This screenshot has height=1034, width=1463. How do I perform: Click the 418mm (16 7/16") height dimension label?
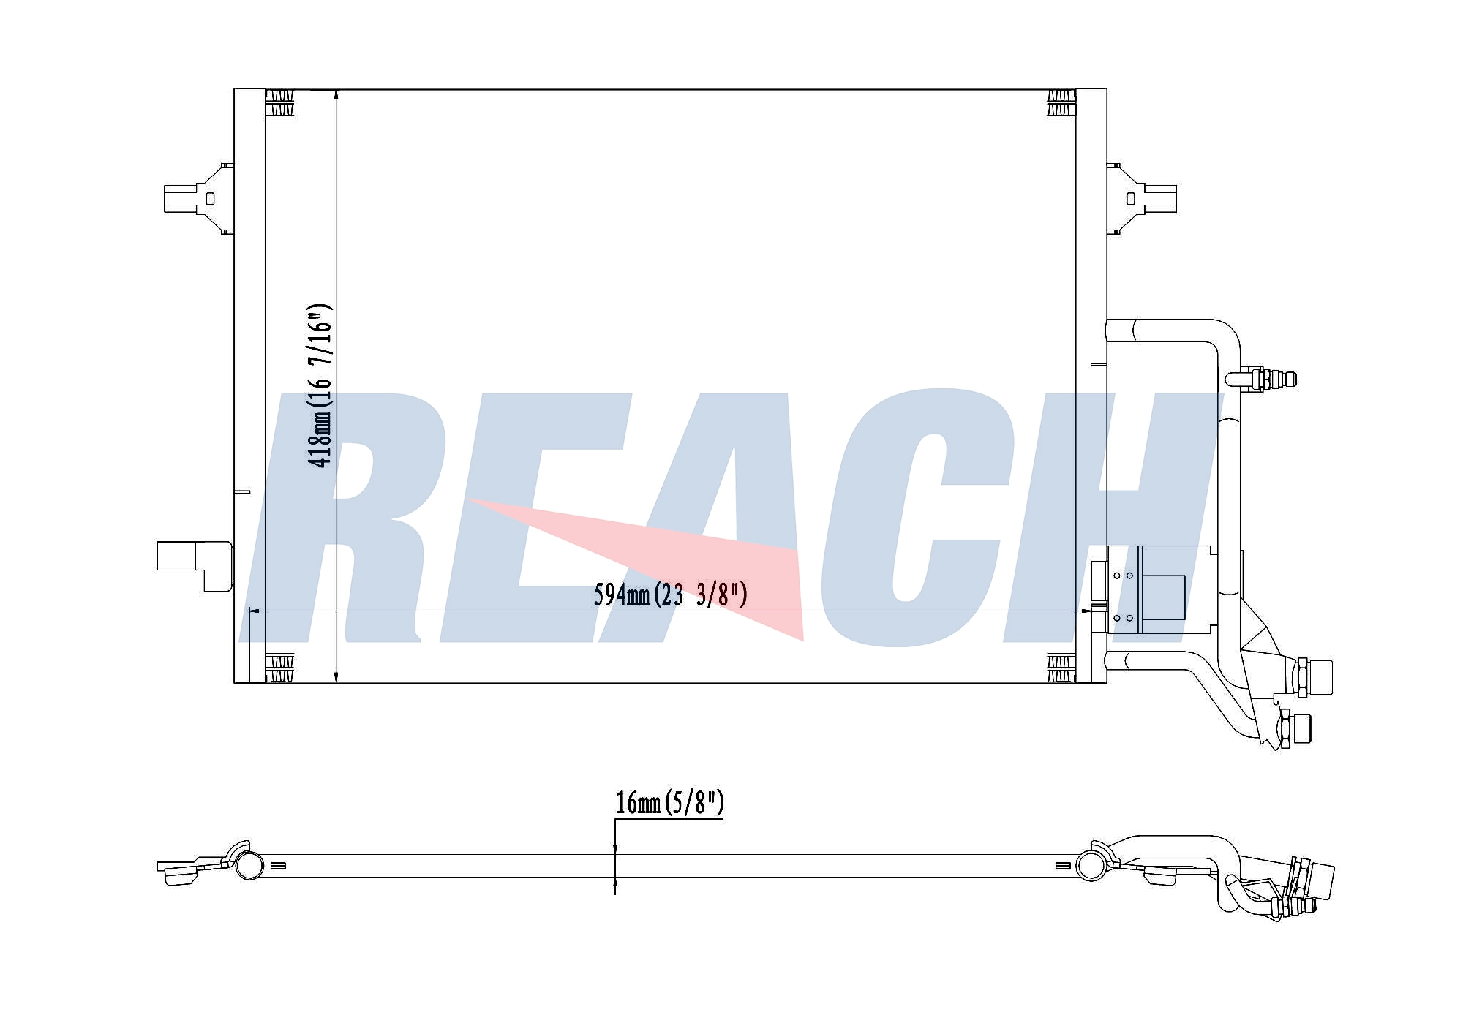pyautogui.click(x=320, y=385)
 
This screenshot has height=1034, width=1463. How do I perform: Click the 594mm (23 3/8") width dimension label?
pyautogui.click(x=670, y=595)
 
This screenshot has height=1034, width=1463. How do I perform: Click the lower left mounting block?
pyautogui.click(x=194, y=565)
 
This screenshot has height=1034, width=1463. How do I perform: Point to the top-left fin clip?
pyautogui.click(x=279, y=103)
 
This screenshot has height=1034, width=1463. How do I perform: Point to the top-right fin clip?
pyautogui.click(x=1061, y=103)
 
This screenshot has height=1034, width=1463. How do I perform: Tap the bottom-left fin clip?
pyautogui.click(x=279, y=668)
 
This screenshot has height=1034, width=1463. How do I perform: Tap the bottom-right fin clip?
pyautogui.click(x=1061, y=668)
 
